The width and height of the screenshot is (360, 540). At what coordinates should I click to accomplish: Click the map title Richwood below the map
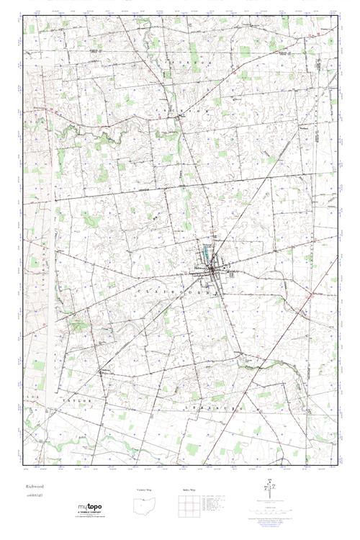(x=35, y=487)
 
